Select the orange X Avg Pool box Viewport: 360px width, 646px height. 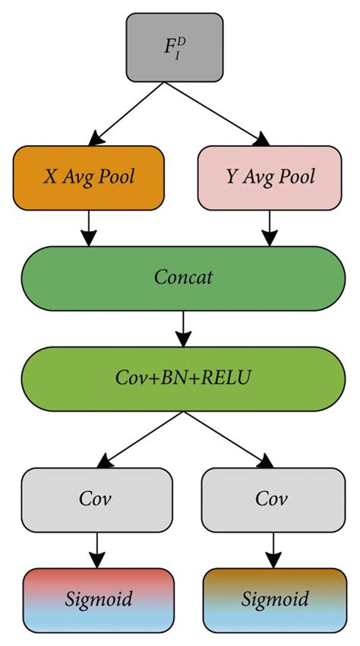[89, 178]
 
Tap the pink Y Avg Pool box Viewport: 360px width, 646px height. [270, 178]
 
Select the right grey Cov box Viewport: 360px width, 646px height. [270, 499]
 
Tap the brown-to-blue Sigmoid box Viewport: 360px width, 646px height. [270, 600]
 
